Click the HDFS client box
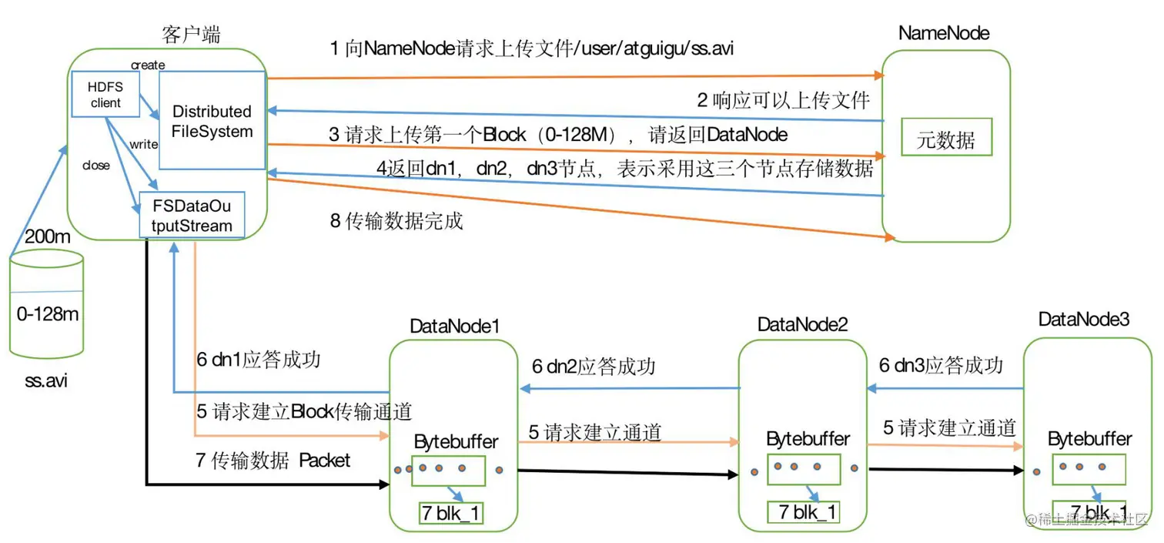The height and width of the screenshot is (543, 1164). [105, 96]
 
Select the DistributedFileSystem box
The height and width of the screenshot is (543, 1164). [212, 121]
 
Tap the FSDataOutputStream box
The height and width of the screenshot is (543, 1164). [191, 215]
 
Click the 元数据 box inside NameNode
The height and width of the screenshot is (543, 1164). [946, 140]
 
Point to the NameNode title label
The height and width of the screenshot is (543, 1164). [943, 34]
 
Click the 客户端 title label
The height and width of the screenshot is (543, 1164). [191, 35]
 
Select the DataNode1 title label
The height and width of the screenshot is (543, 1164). [455, 327]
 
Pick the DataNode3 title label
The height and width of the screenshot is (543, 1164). [1083, 320]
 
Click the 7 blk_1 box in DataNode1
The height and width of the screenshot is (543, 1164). [450, 513]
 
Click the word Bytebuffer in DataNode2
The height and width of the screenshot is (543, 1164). [808, 439]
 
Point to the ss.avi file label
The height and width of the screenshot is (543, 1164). [45, 380]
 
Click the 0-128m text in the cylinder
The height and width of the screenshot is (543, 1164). [48, 314]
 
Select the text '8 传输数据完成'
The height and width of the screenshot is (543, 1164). [396, 222]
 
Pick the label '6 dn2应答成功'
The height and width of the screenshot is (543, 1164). [594, 367]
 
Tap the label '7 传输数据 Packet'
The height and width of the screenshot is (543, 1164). [273, 461]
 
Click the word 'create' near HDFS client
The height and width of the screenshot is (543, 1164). [148, 65]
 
